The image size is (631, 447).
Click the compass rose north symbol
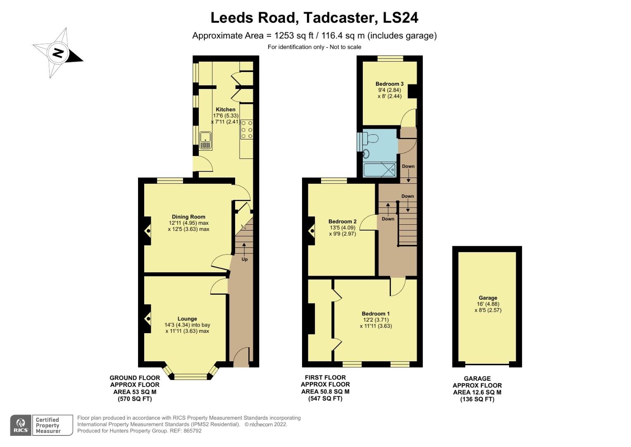pyautogui.click(x=58, y=53)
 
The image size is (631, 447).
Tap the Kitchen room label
pyautogui.click(x=226, y=110)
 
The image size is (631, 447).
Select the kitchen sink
pyautogui.click(x=205, y=141)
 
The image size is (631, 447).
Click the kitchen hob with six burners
pyautogui.click(x=247, y=130)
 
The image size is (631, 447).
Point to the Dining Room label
pyautogui.click(x=188, y=217)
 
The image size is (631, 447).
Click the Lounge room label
pyautogui.click(x=187, y=319)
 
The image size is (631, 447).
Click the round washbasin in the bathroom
pyautogui.click(x=366, y=154)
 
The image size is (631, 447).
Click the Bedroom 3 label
pyautogui.click(x=389, y=84)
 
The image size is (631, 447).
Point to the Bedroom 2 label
pyautogui.click(x=342, y=221)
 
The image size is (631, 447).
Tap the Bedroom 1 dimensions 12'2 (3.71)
pyautogui.click(x=376, y=320)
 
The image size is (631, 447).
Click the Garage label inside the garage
pyautogui.click(x=488, y=298)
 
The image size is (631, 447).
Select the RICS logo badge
pyautogui.click(x=20, y=425)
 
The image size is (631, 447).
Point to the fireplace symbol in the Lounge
pyautogui.click(x=147, y=319)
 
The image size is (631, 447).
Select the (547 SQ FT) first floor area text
pyautogui.click(x=325, y=399)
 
